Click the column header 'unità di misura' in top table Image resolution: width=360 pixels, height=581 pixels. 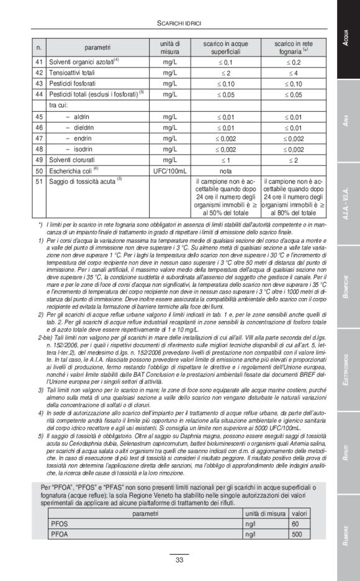(x=166, y=48)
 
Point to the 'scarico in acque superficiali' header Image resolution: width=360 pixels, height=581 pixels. (x=226, y=48)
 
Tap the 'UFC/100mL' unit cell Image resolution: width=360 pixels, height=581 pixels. (x=166, y=169)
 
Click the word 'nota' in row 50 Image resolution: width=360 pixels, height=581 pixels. (x=226, y=169)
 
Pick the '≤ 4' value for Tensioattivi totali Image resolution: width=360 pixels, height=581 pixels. (x=294, y=73)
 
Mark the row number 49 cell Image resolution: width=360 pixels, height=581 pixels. (x=39, y=160)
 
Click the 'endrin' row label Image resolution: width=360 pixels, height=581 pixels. (x=78, y=138)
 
